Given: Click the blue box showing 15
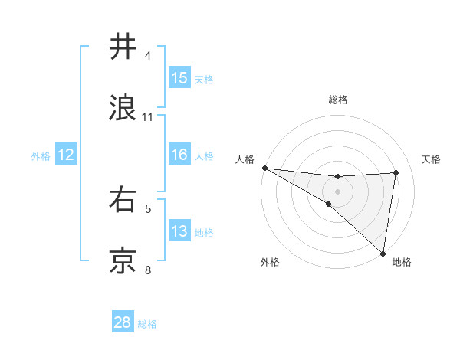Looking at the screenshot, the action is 179,78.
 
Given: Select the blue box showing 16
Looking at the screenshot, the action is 179,155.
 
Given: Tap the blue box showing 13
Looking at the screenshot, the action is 179,231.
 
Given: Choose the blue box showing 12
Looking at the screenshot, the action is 66,155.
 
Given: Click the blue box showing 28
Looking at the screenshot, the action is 123,322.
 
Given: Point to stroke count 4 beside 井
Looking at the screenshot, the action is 148,56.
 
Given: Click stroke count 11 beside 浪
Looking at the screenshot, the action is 148,117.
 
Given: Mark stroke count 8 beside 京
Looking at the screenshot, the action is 148,270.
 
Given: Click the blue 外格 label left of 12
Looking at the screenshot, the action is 41,155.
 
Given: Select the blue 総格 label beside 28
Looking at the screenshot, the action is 147,323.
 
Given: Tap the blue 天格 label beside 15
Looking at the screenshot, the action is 203,79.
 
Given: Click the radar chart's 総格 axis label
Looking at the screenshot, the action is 337,100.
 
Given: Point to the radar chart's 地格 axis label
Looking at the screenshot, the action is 402,262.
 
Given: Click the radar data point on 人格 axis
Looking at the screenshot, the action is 264,168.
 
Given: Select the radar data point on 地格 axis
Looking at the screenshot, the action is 383,253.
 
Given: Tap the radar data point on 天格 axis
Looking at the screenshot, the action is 396,172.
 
